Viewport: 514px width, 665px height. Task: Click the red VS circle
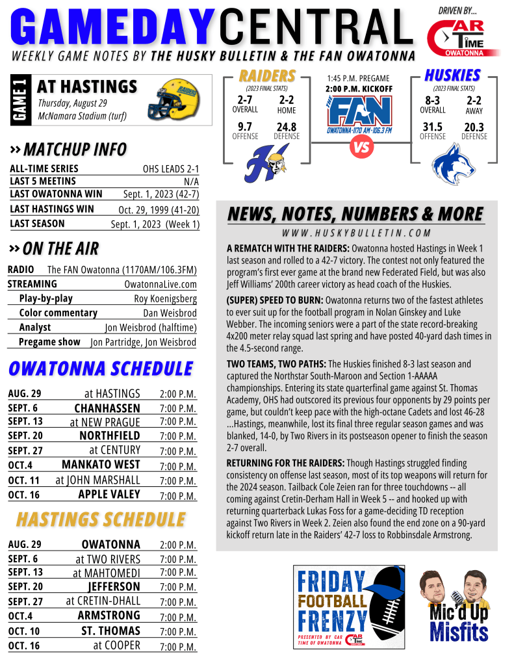click(360, 148)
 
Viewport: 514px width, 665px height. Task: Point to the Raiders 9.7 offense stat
click(245, 127)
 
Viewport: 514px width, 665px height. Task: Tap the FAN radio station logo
click(360, 113)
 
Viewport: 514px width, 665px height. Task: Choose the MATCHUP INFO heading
click(75, 150)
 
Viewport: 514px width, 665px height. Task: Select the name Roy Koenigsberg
click(165, 299)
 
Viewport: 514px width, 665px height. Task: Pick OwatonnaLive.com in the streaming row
click(160, 285)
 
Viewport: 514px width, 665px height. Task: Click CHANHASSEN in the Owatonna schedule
click(107, 408)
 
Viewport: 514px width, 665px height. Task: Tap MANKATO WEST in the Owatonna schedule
click(101, 465)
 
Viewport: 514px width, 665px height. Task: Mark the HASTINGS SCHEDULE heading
click(101, 519)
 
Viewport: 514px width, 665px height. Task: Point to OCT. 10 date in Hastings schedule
click(25, 631)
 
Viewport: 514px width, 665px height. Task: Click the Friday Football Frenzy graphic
click(349, 605)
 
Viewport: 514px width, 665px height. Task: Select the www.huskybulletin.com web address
click(356, 233)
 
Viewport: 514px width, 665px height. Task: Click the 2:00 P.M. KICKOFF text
click(359, 88)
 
